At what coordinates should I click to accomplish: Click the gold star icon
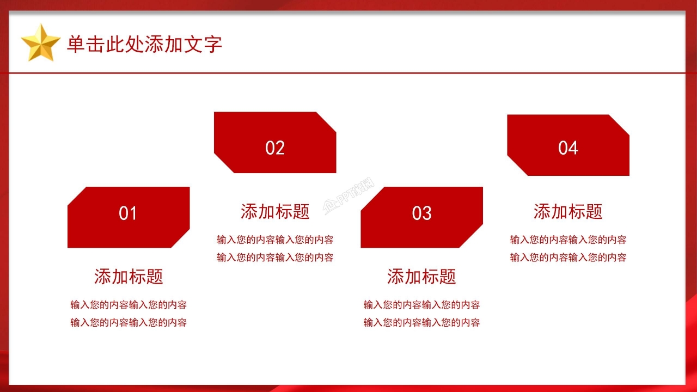40,42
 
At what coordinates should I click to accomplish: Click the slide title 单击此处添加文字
144,44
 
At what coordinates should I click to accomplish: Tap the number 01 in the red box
128,213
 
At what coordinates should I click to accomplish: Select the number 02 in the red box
275,148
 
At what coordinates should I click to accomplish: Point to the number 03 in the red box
421,213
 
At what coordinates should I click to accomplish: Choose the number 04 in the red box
568,148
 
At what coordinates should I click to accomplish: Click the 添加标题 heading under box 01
129,277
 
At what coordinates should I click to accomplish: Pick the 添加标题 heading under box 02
275,211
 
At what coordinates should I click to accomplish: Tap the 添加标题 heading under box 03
421,277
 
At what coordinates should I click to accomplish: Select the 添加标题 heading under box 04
568,211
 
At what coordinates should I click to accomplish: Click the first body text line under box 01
129,305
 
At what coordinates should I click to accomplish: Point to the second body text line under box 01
129,322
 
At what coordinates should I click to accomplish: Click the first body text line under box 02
275,240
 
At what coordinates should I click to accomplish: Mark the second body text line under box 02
275,258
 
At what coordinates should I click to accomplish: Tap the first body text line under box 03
421,305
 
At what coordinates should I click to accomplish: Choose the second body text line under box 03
421,322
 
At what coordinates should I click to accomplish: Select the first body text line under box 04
568,240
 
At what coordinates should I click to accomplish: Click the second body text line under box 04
568,258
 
